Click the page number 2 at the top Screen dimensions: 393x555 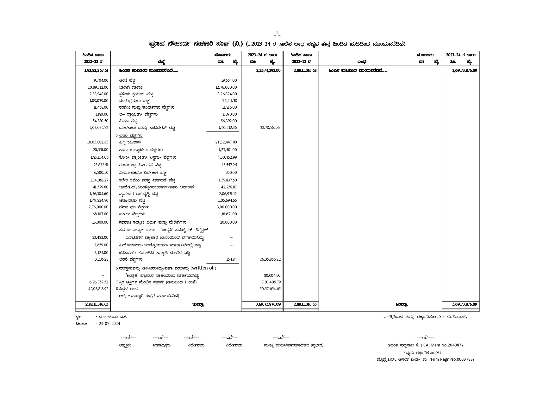277,33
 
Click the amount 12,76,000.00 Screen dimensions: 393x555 226,87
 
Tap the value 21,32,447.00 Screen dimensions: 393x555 226,143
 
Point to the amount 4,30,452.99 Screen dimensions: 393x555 227,157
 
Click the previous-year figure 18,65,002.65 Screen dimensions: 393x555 98,143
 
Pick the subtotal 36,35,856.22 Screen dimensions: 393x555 270,259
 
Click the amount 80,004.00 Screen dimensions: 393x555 272,276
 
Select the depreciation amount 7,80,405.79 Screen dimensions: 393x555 271,282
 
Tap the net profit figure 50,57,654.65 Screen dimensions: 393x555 270,289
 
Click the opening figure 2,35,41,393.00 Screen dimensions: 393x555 268,71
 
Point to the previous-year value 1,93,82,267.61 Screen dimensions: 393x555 96,71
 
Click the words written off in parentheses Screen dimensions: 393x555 204,268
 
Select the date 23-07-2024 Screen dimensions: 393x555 109,324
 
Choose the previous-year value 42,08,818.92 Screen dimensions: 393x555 98,289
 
